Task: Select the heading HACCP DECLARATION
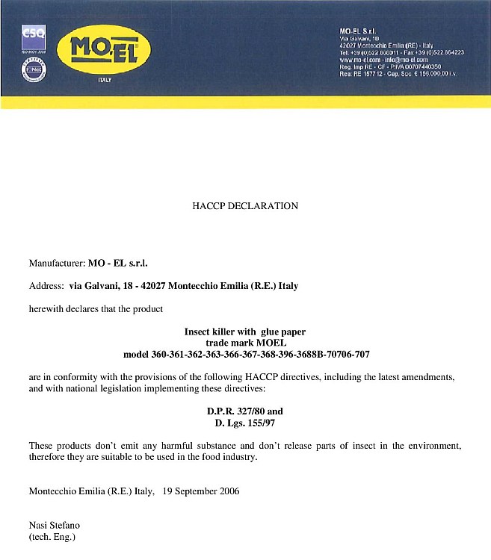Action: (x=245, y=206)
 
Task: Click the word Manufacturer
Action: (x=56, y=263)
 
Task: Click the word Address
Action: (x=45, y=285)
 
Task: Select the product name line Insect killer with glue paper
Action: (x=245, y=331)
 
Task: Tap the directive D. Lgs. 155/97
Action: (x=245, y=423)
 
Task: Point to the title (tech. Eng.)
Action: (x=52, y=536)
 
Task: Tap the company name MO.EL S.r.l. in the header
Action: (x=357, y=30)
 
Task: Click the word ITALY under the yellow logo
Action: (x=105, y=79)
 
